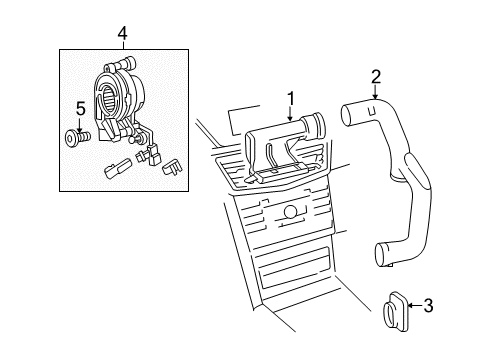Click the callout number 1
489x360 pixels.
point(291,99)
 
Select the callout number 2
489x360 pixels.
point(376,77)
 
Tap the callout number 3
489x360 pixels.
point(428,305)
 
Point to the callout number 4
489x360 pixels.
point(123,33)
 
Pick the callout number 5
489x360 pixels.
point(81,109)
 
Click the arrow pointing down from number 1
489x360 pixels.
point(291,114)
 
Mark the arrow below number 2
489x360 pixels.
point(375,92)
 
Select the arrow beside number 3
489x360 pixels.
point(415,305)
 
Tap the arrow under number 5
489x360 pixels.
point(80,124)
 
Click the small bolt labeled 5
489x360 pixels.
point(77,138)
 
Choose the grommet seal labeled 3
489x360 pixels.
point(395,312)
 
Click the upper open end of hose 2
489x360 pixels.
point(347,115)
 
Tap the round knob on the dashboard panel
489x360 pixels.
point(291,212)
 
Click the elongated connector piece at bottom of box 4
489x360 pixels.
point(117,168)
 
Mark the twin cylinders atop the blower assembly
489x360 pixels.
point(123,63)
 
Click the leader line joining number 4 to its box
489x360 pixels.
point(123,45)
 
